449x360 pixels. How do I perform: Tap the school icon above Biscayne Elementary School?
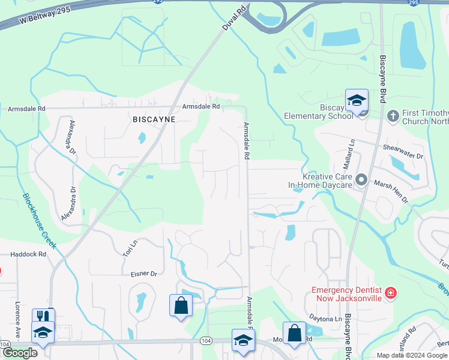(x=357, y=100)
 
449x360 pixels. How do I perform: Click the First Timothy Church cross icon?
(x=393, y=115)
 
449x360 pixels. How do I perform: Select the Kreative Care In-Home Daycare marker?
(x=361, y=179)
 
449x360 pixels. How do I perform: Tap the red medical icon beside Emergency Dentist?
(x=391, y=293)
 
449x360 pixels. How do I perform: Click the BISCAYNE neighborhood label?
(x=154, y=119)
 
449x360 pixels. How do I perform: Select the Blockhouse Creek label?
(x=39, y=221)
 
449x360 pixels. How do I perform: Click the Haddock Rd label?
(x=28, y=254)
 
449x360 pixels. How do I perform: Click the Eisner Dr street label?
(x=143, y=274)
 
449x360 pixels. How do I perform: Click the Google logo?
(x=19, y=353)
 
